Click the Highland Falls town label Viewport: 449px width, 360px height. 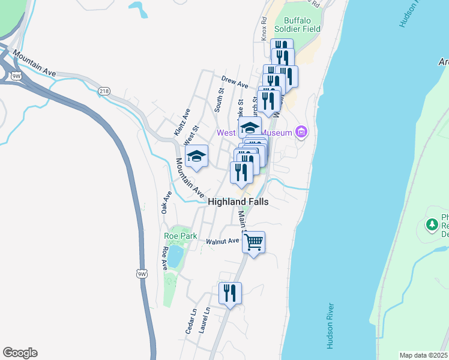click(x=238, y=202)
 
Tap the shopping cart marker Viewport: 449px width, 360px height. click(x=254, y=242)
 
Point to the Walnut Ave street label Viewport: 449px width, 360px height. click(x=223, y=241)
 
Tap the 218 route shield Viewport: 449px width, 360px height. click(x=104, y=91)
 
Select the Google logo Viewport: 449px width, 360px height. click(x=20, y=353)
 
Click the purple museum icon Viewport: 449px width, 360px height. click(x=301, y=132)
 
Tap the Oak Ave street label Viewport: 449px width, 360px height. click(x=166, y=202)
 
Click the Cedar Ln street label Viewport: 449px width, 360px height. click(x=190, y=321)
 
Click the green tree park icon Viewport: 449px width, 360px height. click(x=431, y=224)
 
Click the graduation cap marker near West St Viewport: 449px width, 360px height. click(x=196, y=157)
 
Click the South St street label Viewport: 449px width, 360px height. click(x=220, y=100)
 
